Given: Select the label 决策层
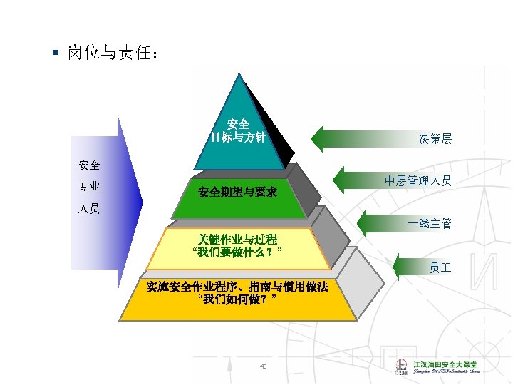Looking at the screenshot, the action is click(x=435, y=139).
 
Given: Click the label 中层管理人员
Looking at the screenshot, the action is click(x=418, y=180).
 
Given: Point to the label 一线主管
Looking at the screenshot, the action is click(x=429, y=224).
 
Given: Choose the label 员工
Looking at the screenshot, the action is click(x=440, y=267).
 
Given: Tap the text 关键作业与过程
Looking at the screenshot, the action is click(x=238, y=239).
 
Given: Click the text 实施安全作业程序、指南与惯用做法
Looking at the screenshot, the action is click(x=237, y=287).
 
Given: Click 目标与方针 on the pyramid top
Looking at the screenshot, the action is click(x=238, y=138).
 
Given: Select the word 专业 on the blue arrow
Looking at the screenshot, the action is click(x=89, y=187).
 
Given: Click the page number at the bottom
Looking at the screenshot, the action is click(x=263, y=366).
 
